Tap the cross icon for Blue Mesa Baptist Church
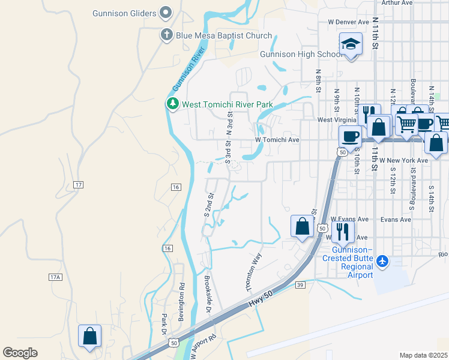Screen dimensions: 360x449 [x=167, y=35]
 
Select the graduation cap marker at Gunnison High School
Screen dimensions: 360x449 [x=351, y=45]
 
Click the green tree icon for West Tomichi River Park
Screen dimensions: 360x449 [x=173, y=104]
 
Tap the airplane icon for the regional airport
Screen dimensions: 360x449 [x=382, y=261]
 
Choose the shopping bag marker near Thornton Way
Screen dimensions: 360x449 [x=302, y=226]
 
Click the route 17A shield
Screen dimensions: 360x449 [x=55, y=277]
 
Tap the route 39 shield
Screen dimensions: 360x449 [x=300, y=286]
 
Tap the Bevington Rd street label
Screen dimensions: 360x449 [x=181, y=302]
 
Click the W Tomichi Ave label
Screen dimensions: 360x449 [x=277, y=140]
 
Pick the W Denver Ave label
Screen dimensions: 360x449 [x=348, y=22]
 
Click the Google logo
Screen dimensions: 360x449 [x=20, y=353]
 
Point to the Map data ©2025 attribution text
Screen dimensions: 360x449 [x=423, y=355]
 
